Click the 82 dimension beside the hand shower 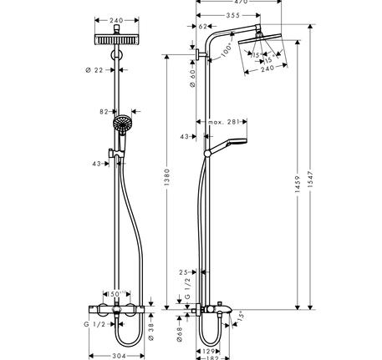click(x=105, y=111)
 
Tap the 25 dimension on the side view click(x=184, y=271)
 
